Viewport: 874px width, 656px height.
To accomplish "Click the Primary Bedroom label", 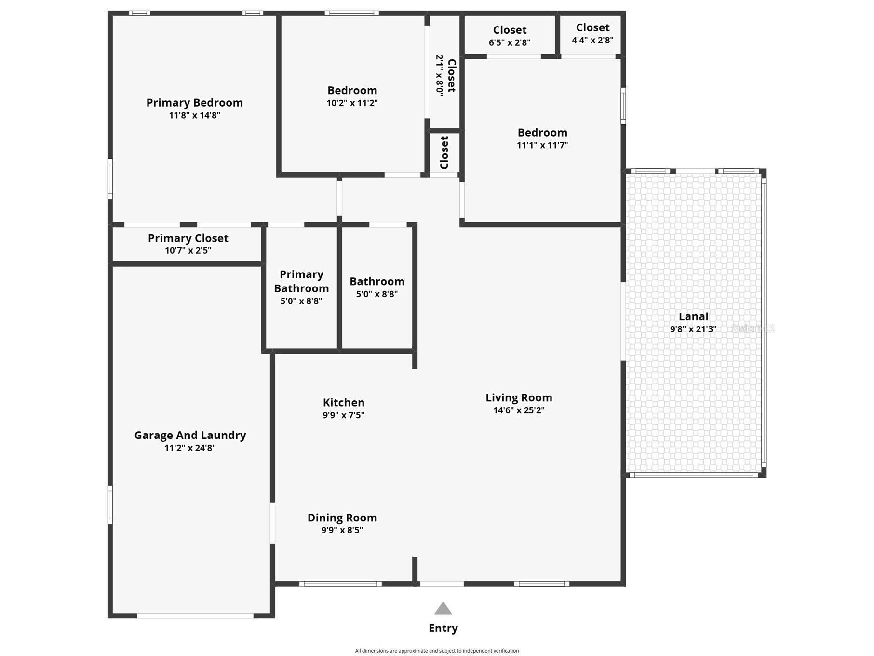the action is pos(194,103).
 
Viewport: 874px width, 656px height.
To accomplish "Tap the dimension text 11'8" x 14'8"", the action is pos(194,115).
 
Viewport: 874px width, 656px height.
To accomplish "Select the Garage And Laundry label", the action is pos(190,436).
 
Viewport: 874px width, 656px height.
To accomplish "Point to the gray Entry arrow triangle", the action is pos(443,608).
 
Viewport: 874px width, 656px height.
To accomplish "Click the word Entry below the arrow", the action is pos(443,628).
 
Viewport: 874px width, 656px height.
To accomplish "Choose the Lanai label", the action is pos(693,316).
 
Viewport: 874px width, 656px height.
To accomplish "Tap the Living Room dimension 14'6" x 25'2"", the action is pos(519,410).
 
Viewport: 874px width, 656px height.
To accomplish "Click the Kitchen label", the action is pos(344,402).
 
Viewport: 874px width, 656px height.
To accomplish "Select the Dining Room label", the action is pos(342,518).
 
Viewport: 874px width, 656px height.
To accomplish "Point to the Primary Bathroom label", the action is pos(301,281).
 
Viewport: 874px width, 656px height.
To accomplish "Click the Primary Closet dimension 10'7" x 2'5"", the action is pos(188,250).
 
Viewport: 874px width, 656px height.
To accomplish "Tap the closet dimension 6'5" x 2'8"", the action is pos(510,42).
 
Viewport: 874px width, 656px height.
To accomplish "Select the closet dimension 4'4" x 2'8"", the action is pos(592,40).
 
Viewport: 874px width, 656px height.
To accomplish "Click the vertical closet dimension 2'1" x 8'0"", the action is pos(439,75).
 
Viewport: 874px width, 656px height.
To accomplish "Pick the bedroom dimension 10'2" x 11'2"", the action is pos(352,103).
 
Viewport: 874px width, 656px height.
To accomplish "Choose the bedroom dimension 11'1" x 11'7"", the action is pos(542,145).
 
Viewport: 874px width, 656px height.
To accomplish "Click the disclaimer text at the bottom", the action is pos(437,651).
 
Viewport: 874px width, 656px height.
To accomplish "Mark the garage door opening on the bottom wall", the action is pos(195,616).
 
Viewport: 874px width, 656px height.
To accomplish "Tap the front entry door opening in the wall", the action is pos(442,584).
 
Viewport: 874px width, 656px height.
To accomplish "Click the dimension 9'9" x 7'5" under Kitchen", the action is pos(343,415).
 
